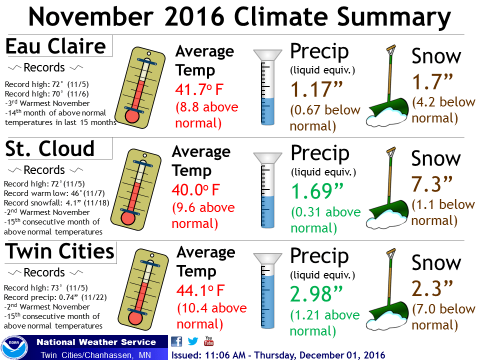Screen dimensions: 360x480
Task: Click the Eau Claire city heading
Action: (x=55, y=46)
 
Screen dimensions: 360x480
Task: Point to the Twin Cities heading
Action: (x=59, y=251)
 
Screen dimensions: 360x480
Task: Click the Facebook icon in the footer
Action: (x=176, y=342)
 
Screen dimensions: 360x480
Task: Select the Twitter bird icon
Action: (x=193, y=342)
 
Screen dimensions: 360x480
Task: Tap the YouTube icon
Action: (x=209, y=341)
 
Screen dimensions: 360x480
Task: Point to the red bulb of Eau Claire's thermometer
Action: (x=132, y=115)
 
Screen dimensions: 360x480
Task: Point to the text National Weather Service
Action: (x=96, y=342)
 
